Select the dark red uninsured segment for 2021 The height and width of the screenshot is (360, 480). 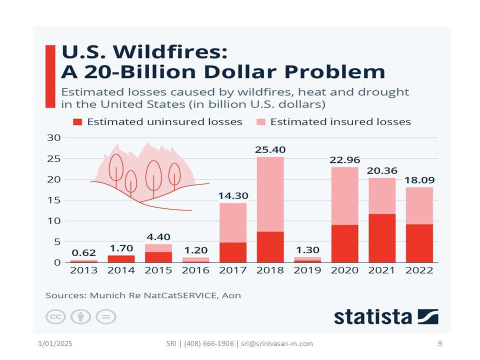[x=382, y=238]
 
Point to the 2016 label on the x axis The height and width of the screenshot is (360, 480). [x=196, y=270]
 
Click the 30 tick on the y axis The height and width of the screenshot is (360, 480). [x=54, y=138]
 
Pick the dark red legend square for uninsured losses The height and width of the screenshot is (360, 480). [x=77, y=122]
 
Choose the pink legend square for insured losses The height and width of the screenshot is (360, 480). [x=261, y=122]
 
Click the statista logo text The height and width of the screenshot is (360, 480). [x=373, y=316]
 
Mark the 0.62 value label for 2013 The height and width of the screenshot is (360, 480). [x=83, y=253]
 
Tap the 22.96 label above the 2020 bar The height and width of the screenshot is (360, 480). [x=344, y=160]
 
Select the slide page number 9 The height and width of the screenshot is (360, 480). [x=439, y=343]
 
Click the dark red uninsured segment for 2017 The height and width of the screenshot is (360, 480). [x=233, y=252]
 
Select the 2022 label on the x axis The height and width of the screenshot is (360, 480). [x=419, y=270]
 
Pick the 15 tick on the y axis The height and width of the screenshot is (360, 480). [x=54, y=200]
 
